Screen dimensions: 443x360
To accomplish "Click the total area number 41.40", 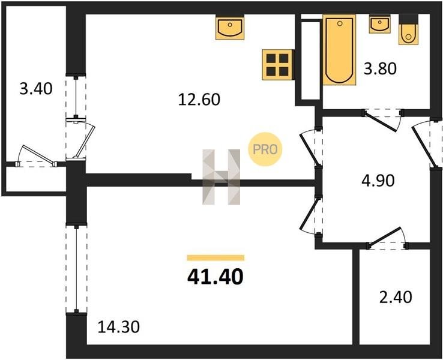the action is [x=215, y=277].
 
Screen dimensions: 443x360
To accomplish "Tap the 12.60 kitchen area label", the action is [x=199, y=100].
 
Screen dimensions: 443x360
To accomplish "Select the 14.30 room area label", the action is [x=119, y=327].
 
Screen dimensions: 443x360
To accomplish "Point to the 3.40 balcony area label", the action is [x=36, y=88].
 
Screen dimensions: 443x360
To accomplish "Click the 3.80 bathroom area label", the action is [x=380, y=69].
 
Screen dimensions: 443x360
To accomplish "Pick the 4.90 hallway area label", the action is [x=378, y=181].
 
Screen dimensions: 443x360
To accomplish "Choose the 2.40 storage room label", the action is [x=396, y=297].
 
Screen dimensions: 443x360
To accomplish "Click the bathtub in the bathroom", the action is [x=339, y=50].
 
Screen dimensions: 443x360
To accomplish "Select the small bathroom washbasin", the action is [x=380, y=24].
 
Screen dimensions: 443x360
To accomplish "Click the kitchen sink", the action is [x=230, y=28].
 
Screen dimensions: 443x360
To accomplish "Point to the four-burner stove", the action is [x=278, y=65].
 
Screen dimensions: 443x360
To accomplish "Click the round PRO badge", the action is [x=265, y=149].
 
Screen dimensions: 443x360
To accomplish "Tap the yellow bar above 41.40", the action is [x=216, y=257].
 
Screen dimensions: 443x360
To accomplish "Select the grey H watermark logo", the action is [x=221, y=177].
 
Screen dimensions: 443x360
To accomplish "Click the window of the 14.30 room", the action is [x=76, y=269].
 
